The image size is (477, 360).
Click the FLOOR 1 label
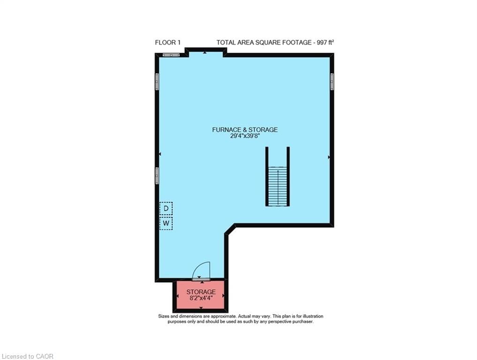click(x=167, y=43)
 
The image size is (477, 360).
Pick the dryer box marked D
click(x=166, y=208)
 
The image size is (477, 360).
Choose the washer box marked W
click(x=166, y=224)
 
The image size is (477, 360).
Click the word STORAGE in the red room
click(x=201, y=292)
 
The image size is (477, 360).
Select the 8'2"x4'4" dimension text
click(x=201, y=299)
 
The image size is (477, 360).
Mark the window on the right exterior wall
click(x=332, y=82)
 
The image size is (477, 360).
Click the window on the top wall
click(x=171, y=55)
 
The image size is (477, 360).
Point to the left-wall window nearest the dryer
click(x=157, y=175)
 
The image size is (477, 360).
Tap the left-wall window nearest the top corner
click(x=157, y=82)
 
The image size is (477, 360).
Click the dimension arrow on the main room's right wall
click(x=329, y=157)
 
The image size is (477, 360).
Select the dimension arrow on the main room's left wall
click(x=160, y=154)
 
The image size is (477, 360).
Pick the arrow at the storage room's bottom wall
click(x=201, y=308)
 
